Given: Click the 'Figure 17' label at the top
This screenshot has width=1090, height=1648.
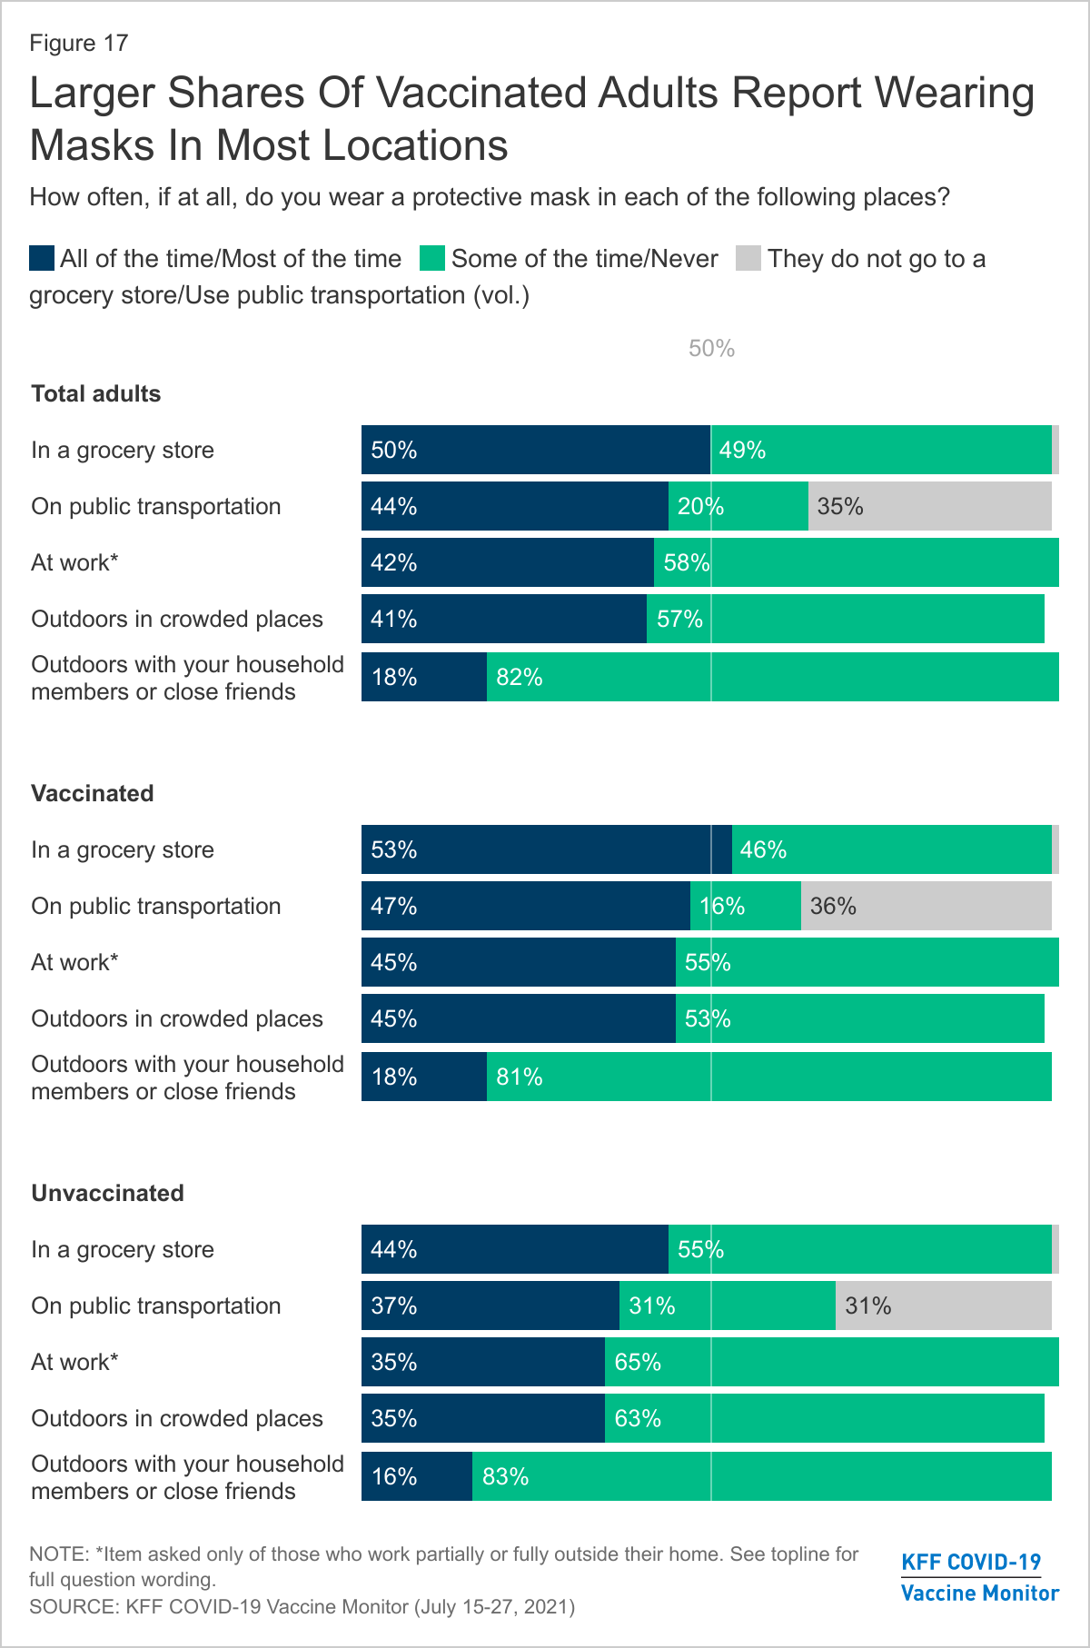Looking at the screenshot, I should click(79, 44).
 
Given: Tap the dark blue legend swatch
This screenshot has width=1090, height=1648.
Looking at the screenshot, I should click(42, 259).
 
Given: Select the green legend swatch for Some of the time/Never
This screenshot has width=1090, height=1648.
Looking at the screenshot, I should click(432, 259).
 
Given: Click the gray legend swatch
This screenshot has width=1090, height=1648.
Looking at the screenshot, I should click(748, 259).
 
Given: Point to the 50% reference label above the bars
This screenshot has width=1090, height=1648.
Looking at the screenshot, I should click(711, 349).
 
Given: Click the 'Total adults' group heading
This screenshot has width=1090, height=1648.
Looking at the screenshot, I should click(96, 393).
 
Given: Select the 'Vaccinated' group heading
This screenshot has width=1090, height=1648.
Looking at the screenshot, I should click(93, 793).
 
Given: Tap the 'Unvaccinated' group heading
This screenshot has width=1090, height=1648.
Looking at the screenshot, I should click(108, 1193).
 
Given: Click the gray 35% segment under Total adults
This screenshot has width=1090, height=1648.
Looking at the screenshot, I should click(930, 506).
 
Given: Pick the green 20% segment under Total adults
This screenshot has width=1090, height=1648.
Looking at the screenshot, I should click(738, 506).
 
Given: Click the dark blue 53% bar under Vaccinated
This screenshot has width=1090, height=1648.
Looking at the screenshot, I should click(546, 849).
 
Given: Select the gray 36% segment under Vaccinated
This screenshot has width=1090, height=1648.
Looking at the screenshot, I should click(926, 906).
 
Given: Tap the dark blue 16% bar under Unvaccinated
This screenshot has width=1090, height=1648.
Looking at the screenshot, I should click(417, 1476).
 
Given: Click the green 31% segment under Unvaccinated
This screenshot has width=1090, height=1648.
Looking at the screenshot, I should click(727, 1305).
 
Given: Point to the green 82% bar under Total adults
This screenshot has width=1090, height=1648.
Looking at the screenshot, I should click(772, 677).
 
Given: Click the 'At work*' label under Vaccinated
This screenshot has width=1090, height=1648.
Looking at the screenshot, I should click(75, 962).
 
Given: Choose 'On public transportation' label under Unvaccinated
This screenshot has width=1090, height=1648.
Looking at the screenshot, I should click(156, 1305).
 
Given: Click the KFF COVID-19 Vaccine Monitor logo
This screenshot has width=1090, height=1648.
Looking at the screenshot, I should click(979, 1577).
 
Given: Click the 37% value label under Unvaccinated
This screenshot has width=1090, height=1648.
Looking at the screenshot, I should click(394, 1305).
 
